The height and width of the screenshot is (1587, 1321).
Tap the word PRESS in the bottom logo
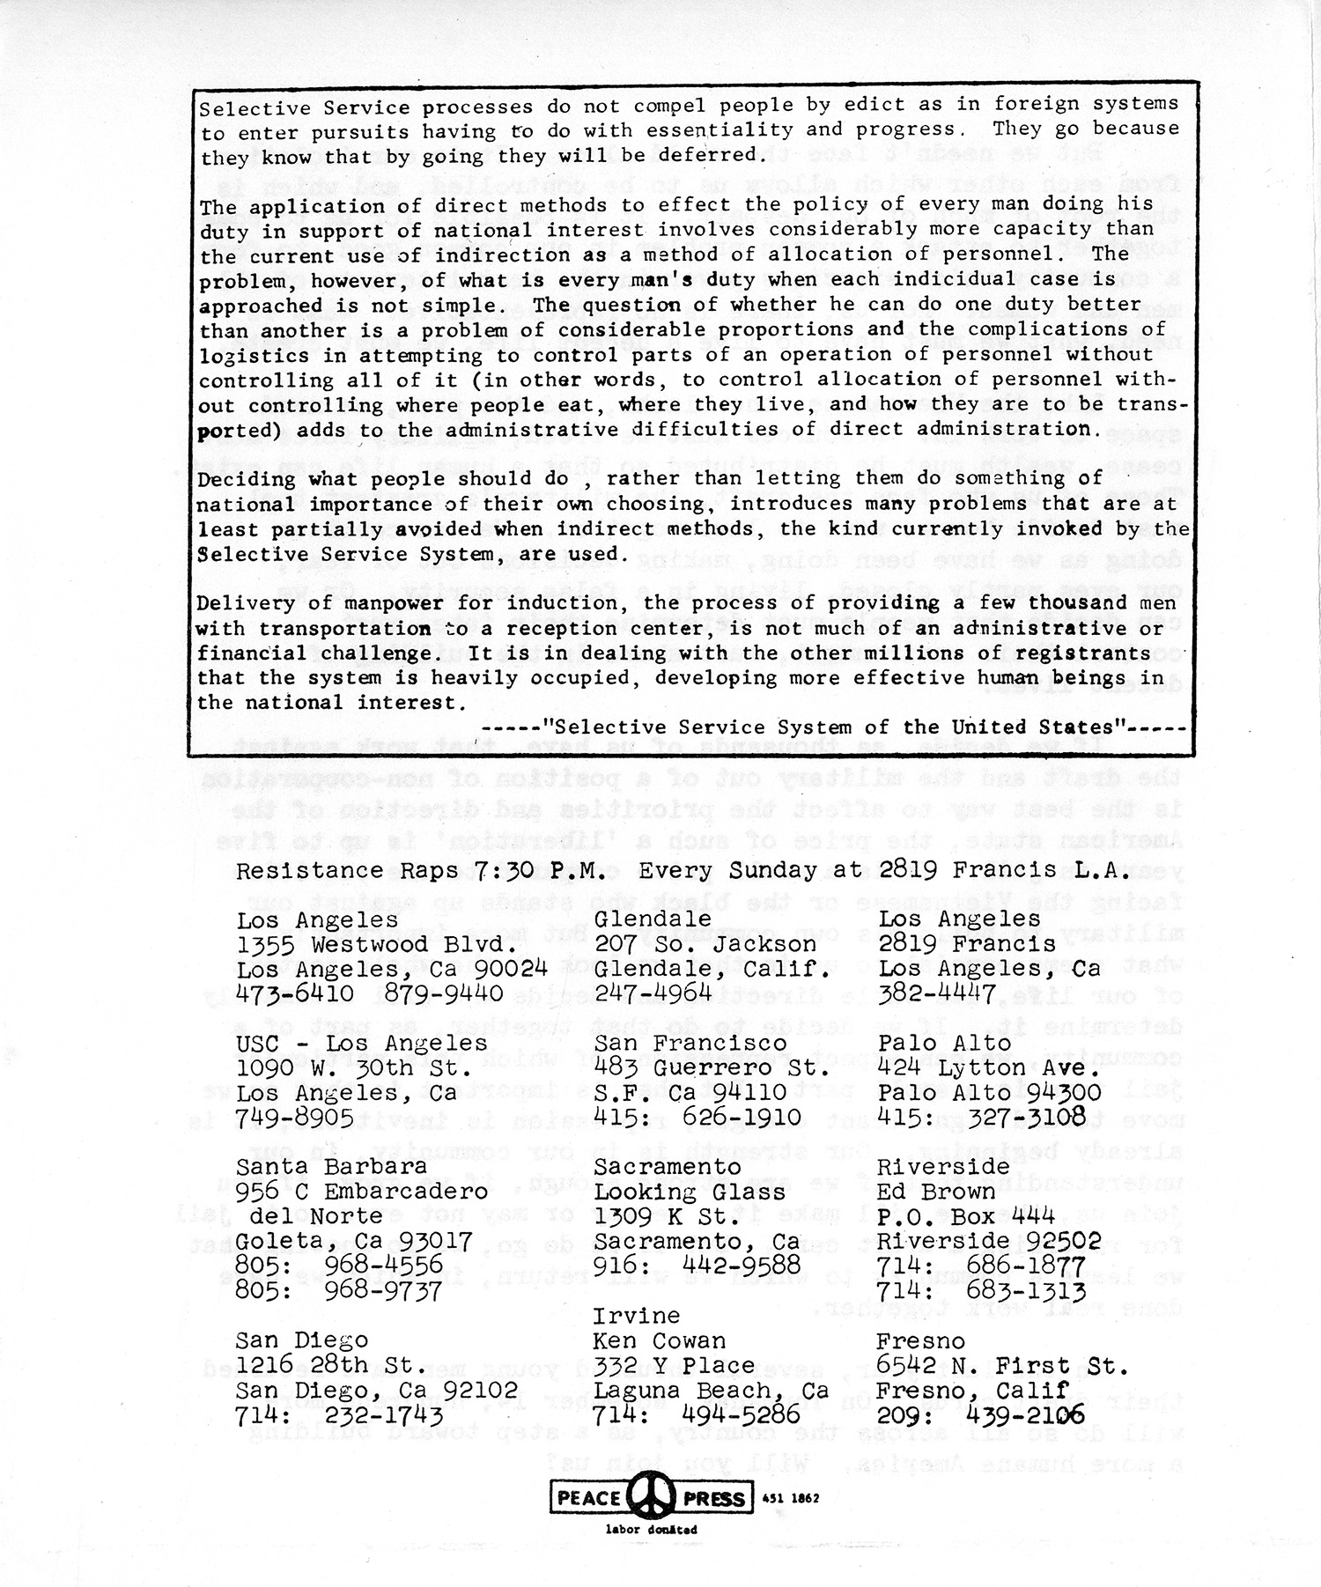pos(714,1498)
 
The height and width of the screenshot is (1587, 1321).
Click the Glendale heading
pos(653,919)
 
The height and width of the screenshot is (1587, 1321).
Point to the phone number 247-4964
pos(653,994)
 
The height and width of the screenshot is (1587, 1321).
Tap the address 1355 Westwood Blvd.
pos(376,944)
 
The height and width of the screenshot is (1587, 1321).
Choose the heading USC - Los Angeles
pos(361,1044)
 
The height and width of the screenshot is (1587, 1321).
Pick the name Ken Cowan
pos(660,1341)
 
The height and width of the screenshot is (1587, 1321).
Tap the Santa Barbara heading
pos(331,1167)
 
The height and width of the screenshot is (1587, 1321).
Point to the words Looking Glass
pos(689,1192)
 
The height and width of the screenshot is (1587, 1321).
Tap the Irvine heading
pos(636,1316)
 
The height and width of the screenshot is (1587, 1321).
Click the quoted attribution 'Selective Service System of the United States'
pos(835,727)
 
